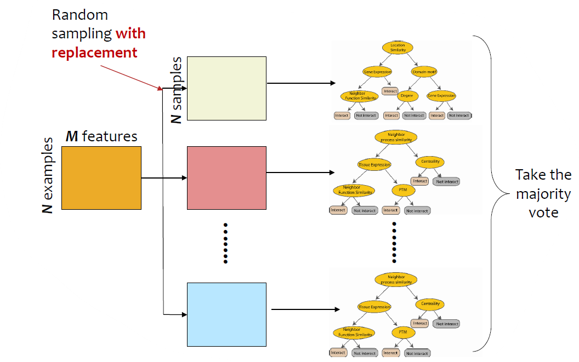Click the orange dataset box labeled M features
coord(101,178)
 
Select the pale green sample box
coord(226,88)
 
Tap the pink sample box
coord(226,178)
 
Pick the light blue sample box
coord(226,314)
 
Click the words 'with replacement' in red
coord(99,44)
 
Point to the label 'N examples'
coord(49,176)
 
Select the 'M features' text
coord(101,136)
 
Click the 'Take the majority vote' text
coord(543,193)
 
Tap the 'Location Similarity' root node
coord(398,48)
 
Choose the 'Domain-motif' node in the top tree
coord(423,71)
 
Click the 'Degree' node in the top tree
coord(407,95)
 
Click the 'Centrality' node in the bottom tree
coord(430,304)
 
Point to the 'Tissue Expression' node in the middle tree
coord(374,164)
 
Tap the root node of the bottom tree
coord(396,279)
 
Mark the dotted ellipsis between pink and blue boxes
coord(225,243)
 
